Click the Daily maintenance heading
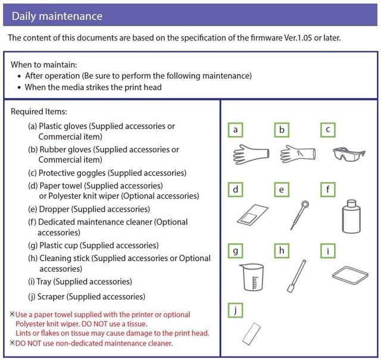pyautogui.click(x=57, y=16)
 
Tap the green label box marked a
pyautogui.click(x=236, y=130)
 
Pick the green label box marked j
pyautogui.click(x=236, y=310)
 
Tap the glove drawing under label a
pyautogui.click(x=248, y=155)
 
